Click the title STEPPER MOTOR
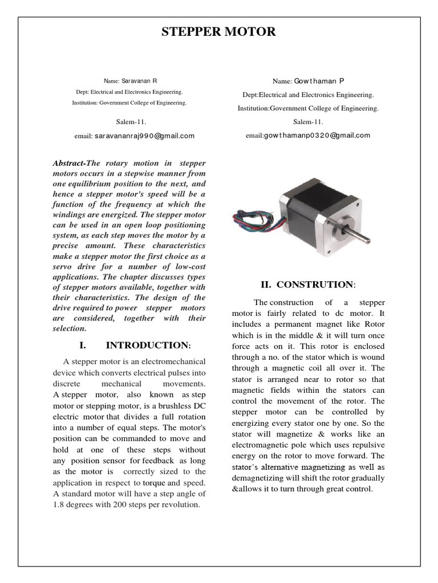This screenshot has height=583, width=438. tap(218, 32)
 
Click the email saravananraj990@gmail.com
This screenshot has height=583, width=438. tap(144, 136)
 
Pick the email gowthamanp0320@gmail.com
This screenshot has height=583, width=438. tap(317, 136)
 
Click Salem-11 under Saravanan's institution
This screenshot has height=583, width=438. tap(131, 121)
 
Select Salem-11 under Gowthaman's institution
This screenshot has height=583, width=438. tap(308, 121)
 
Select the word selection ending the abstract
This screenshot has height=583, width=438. tap(69, 329)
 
